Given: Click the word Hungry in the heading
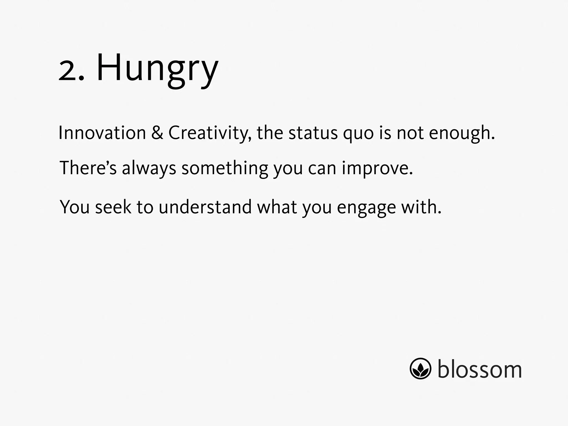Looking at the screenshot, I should tap(157, 69).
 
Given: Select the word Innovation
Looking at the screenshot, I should tap(102, 133).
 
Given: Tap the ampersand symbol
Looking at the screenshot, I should tap(157, 133).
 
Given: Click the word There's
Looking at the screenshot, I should tap(88, 168).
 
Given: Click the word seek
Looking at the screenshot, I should tap(113, 207).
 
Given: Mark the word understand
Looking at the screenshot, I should tap(205, 207).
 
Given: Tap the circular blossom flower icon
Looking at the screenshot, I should tap(420, 368).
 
